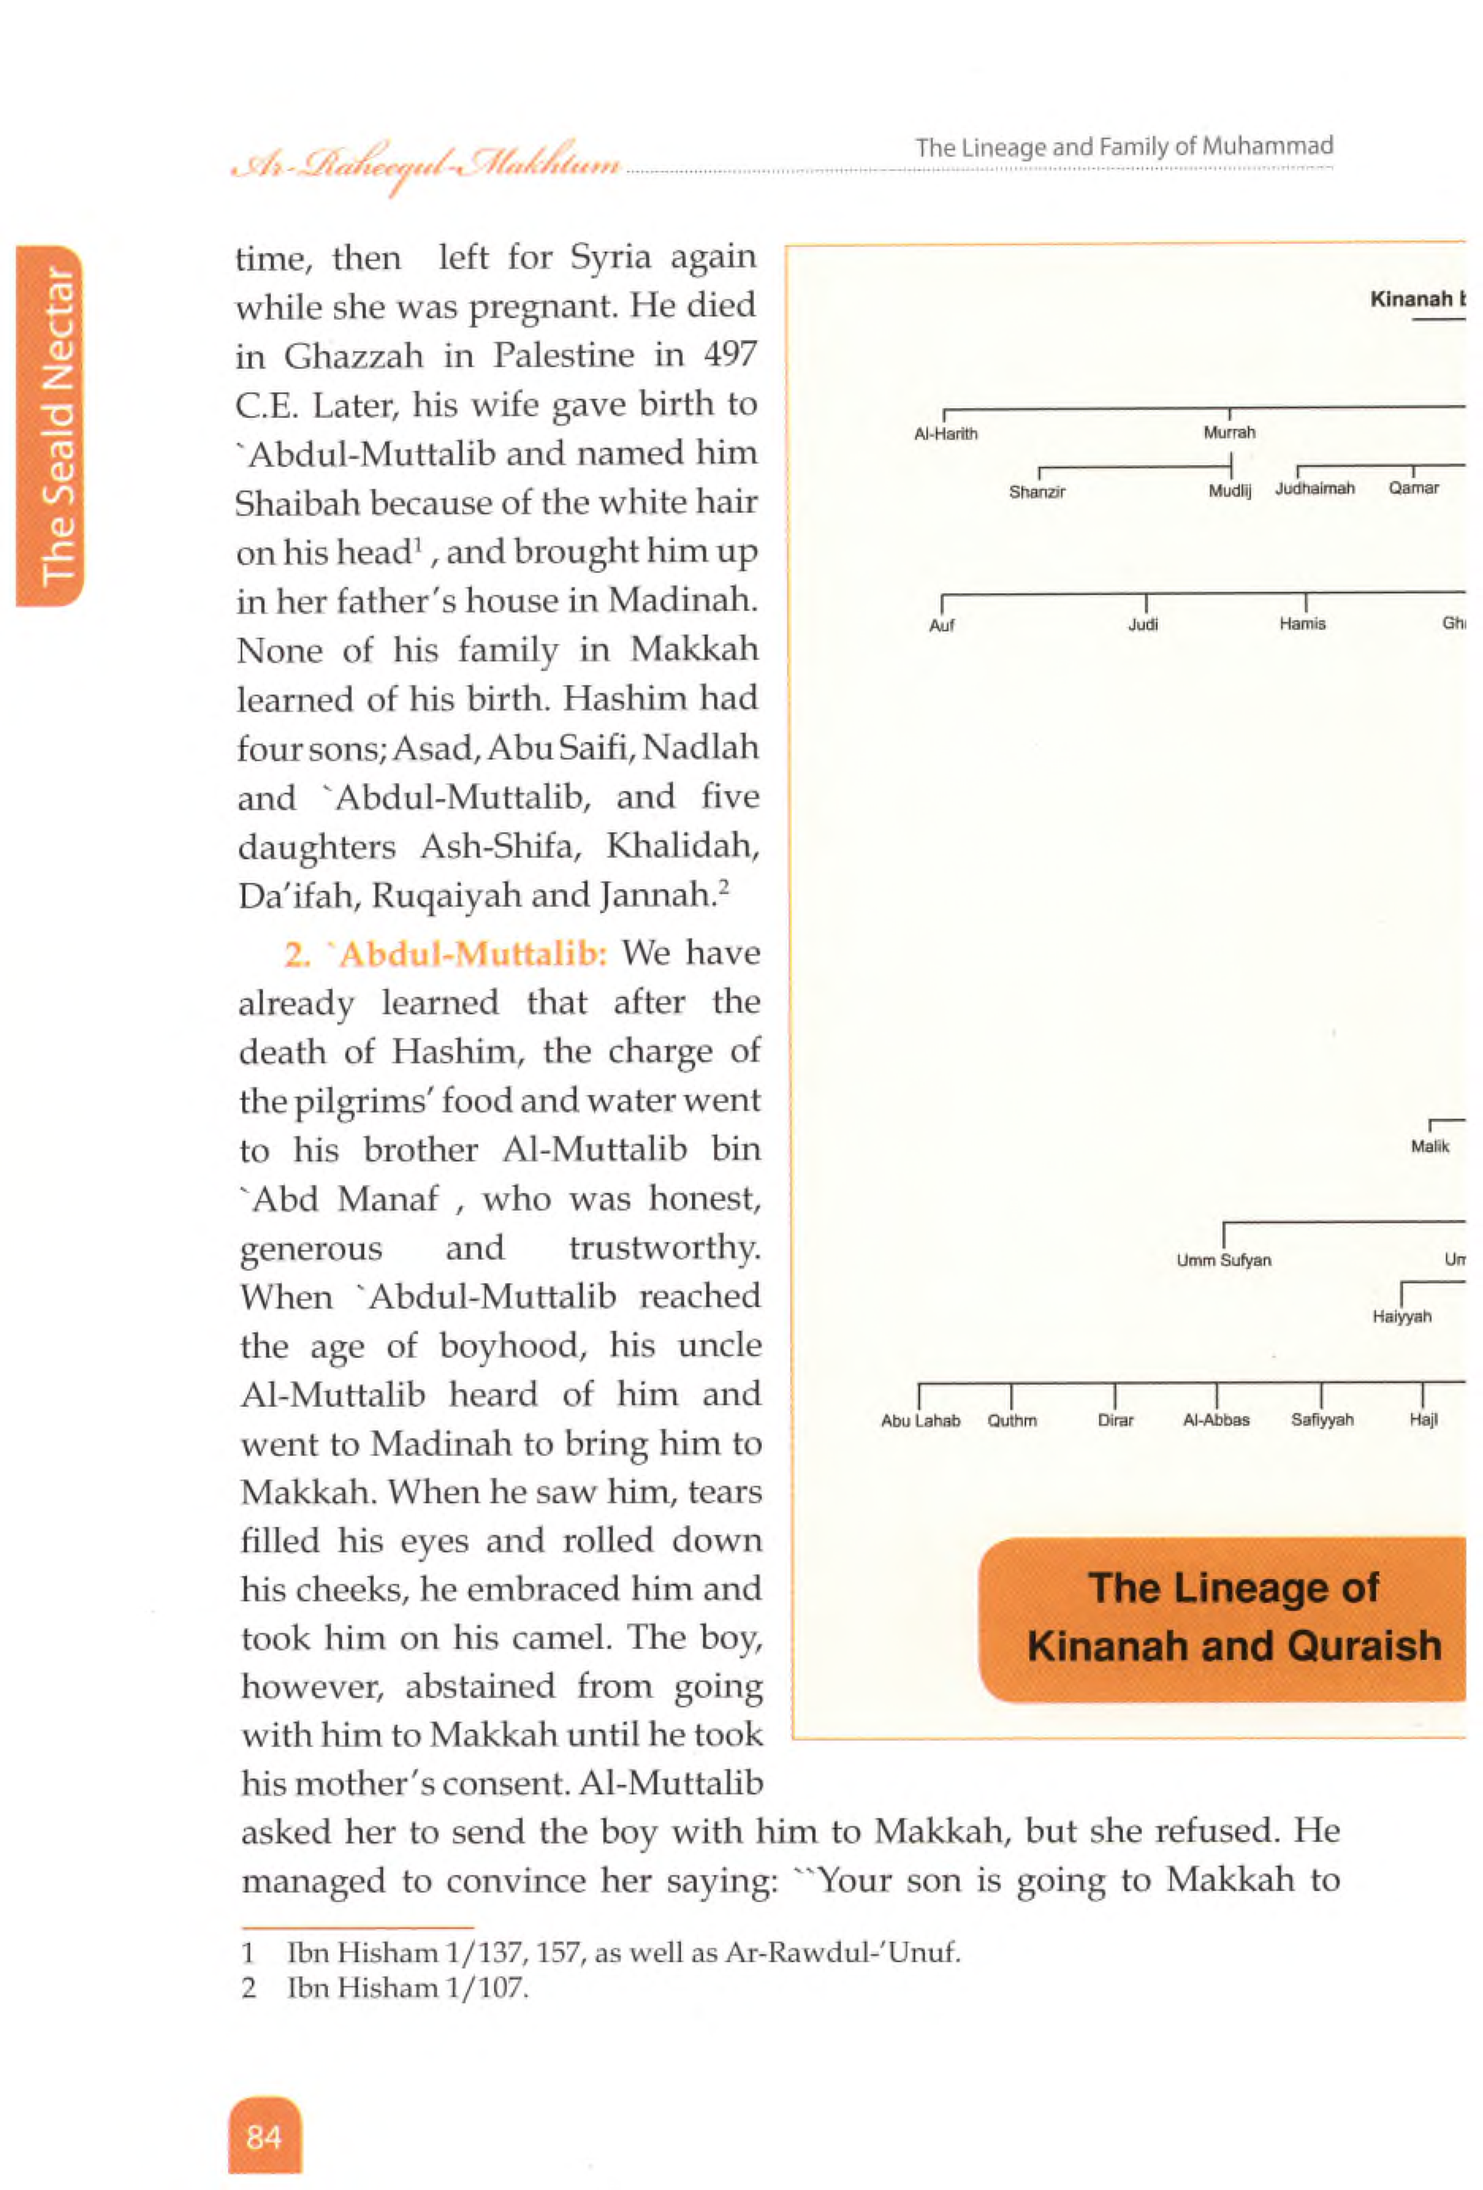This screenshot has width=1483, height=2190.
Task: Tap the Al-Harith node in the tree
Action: pos(945,434)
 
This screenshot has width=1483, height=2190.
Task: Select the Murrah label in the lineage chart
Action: pos(1229,433)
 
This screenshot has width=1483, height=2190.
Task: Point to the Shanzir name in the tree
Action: pos(1036,492)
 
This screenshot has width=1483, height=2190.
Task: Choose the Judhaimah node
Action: pos(1314,488)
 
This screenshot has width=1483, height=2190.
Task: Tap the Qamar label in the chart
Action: pos(1413,488)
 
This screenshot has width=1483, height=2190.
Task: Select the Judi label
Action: pos(1143,623)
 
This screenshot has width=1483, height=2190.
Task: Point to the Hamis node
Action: pos(1302,623)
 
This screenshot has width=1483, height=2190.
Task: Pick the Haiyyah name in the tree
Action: pos(1401,1317)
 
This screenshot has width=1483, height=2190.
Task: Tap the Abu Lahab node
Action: pos(920,1421)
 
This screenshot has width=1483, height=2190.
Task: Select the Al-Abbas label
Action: pos(1215,1420)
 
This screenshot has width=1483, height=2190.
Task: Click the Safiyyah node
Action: pos(1321,1420)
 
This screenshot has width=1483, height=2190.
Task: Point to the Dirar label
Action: pos(1116,1420)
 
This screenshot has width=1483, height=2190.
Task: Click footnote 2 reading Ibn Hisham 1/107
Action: pos(407,1988)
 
